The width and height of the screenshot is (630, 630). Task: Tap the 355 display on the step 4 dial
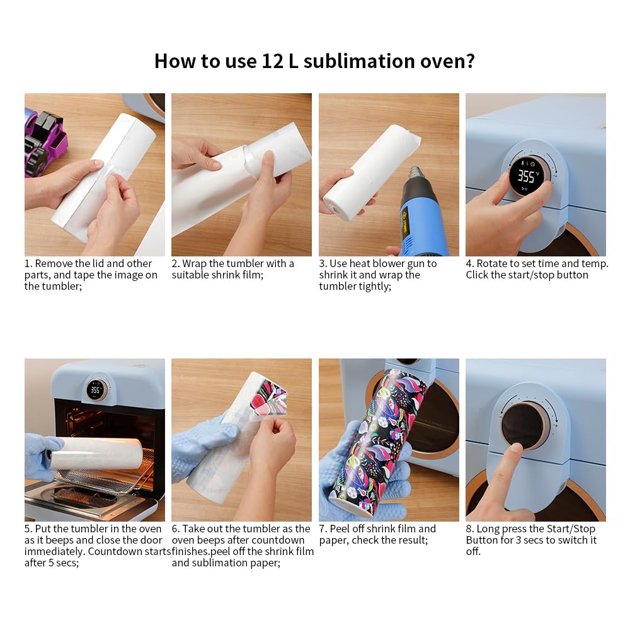click(x=526, y=176)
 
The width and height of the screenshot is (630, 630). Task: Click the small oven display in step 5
click(x=96, y=390)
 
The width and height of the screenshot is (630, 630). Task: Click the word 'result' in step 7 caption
click(x=413, y=540)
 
